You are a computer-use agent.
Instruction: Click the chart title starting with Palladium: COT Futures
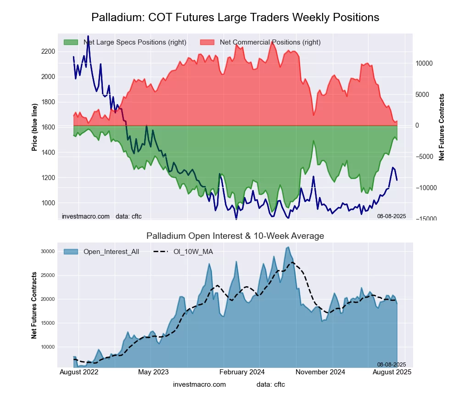pyautogui.click(x=235, y=17)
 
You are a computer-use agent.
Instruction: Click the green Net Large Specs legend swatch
pyautogui.click(x=71, y=42)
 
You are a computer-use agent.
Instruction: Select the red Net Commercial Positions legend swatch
pyautogui.click(x=207, y=42)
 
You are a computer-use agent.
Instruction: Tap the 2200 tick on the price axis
pyautogui.click(x=48, y=51)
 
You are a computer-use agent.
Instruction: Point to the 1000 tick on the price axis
pyautogui.click(x=48, y=203)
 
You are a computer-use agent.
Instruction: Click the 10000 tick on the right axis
pyautogui.click(x=425, y=63)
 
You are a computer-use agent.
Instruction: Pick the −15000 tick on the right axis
pyautogui.click(x=424, y=219)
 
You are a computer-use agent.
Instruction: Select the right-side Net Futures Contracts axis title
pyautogui.click(x=442, y=127)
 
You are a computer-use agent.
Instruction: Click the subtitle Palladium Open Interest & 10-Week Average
pyautogui.click(x=235, y=236)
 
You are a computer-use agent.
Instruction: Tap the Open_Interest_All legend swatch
pyautogui.click(x=71, y=251)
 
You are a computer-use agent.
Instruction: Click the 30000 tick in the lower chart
pyautogui.click(x=48, y=251)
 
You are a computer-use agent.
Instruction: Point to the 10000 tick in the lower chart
pyautogui.click(x=48, y=347)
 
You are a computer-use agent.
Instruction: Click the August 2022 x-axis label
pyautogui.click(x=79, y=372)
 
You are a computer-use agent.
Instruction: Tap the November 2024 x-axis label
pyautogui.click(x=319, y=372)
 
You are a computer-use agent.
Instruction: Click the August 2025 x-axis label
pyautogui.click(x=391, y=372)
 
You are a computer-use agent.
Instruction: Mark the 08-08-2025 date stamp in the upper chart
pyautogui.click(x=392, y=216)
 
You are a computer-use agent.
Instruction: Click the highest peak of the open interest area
pyautogui.click(x=288, y=247)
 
